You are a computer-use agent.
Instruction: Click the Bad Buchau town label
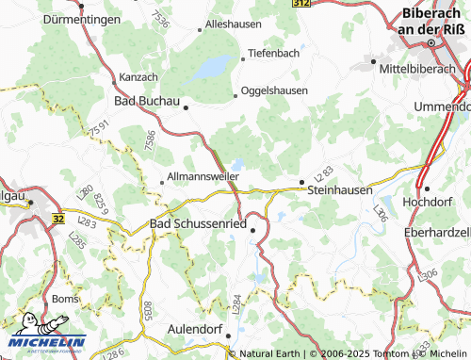pyautogui.click(x=146, y=100)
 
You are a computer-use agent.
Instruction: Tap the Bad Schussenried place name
pyautogui.click(x=199, y=223)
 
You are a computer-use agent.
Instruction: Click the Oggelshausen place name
pyautogui.click(x=277, y=90)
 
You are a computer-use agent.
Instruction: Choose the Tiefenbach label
pyautogui.click(x=274, y=53)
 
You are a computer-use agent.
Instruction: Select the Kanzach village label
pyautogui.click(x=138, y=75)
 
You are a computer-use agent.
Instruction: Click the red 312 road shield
pyautogui.click(x=300, y=5)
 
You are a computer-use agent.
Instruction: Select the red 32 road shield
pyautogui.click(x=58, y=218)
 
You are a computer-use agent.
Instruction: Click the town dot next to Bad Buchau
pyautogui.click(x=187, y=107)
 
